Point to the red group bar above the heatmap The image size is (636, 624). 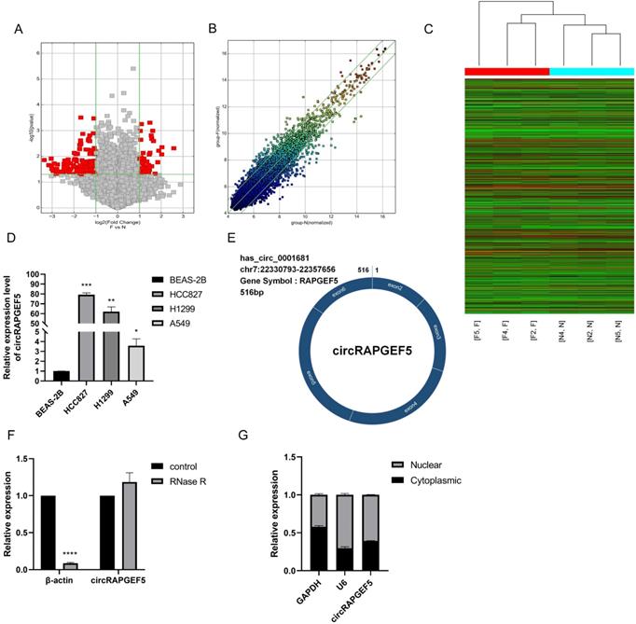click(x=506, y=71)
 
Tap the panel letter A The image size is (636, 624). click(x=17, y=28)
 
